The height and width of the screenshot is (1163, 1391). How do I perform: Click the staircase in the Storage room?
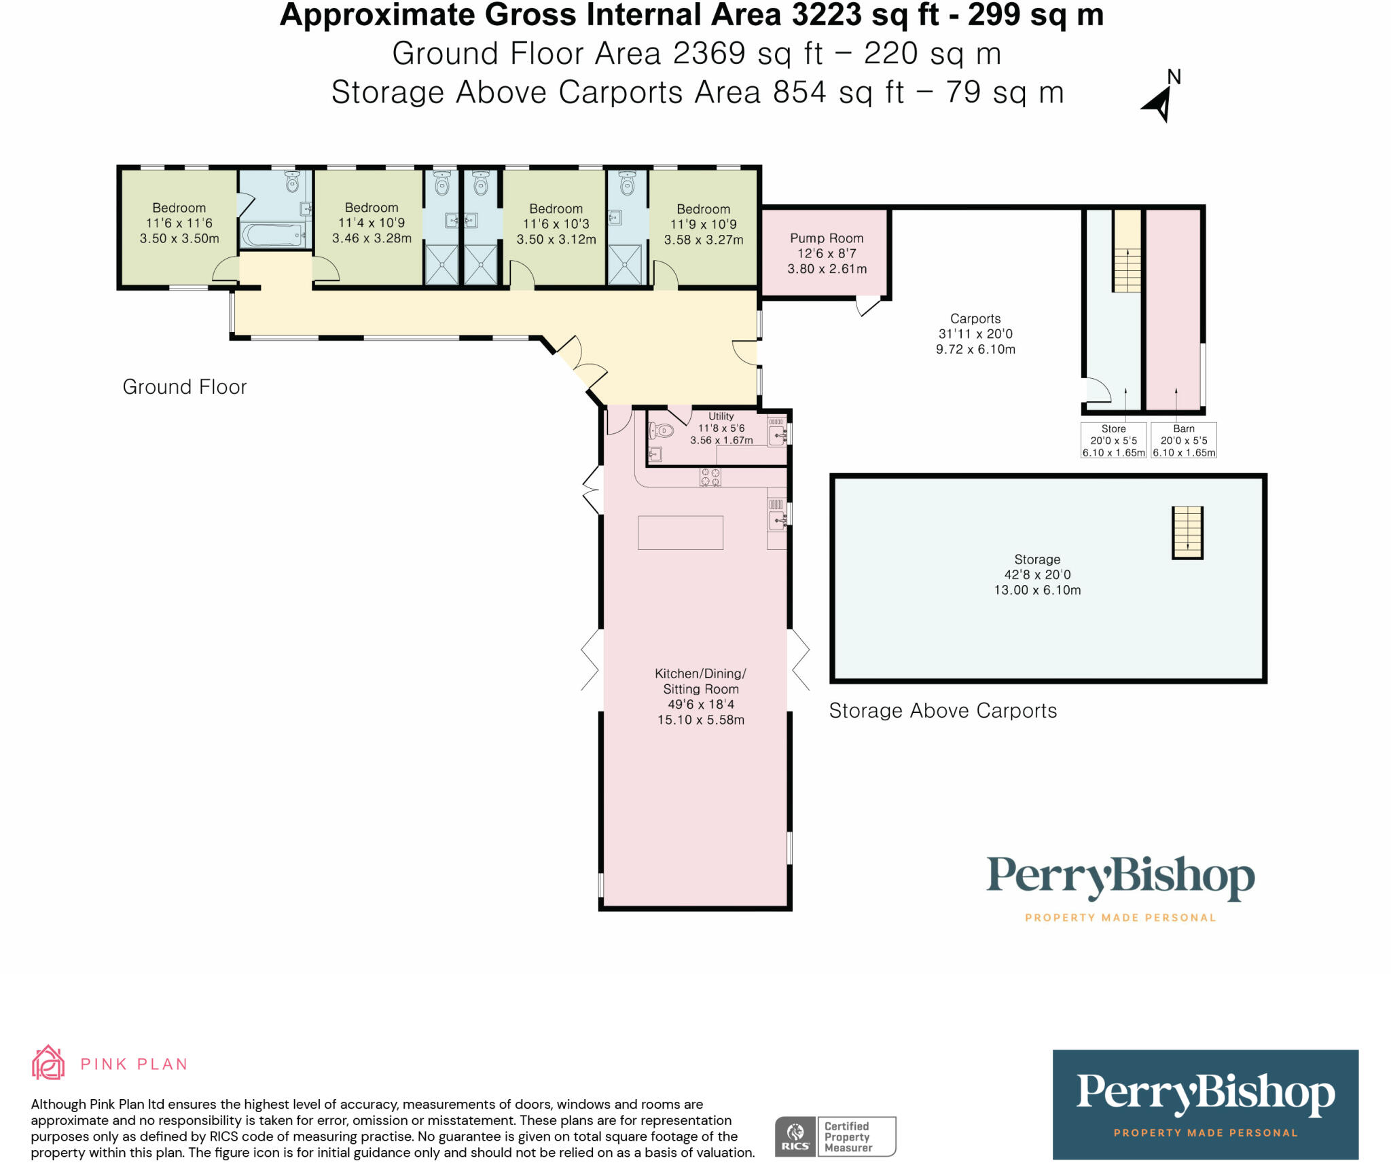coord(1187,533)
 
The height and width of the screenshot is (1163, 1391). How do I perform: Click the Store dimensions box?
coord(1114,441)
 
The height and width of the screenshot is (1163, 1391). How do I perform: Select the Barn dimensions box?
coord(1184,441)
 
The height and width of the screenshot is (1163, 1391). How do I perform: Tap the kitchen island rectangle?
coord(681,532)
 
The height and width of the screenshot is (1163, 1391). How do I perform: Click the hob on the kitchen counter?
coord(710,477)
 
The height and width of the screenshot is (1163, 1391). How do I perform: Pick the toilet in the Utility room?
coord(661,430)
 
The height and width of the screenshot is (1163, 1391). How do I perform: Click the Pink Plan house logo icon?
coord(48,1062)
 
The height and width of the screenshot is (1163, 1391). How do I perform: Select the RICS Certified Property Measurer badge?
coord(835,1137)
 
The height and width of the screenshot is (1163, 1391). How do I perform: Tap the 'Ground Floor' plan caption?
coord(185,387)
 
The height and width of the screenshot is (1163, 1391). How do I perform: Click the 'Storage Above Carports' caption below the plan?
coord(943,711)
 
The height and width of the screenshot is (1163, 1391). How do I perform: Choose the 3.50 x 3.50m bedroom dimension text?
coord(179,238)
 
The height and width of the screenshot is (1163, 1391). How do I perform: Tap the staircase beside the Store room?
coord(1127,251)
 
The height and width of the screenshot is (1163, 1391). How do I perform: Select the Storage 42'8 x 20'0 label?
coord(1037,567)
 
